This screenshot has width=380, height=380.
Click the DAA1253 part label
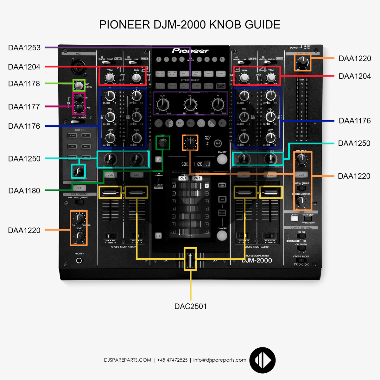(24, 48)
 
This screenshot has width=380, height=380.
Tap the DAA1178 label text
(24, 84)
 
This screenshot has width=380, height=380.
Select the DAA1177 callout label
(24, 107)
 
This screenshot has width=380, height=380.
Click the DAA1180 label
(24, 191)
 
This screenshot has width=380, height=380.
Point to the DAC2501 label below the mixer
(190, 307)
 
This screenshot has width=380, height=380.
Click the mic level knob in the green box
(79, 85)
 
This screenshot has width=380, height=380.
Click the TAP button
(218, 143)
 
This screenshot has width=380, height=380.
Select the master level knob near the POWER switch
(302, 62)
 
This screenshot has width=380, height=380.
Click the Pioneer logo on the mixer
(190, 51)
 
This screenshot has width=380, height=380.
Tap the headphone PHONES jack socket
(79, 261)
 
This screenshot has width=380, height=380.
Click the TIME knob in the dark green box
(163, 143)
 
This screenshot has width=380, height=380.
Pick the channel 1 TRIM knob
(110, 77)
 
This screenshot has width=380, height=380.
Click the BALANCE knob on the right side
(301, 158)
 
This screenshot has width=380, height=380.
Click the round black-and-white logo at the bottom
(263, 360)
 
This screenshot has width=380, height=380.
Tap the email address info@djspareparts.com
(220, 360)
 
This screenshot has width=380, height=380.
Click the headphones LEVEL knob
(79, 236)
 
